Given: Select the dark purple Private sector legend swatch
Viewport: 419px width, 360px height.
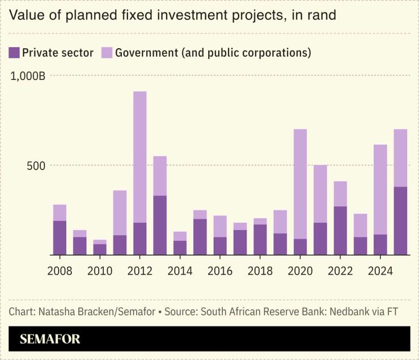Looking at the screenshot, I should [14, 53].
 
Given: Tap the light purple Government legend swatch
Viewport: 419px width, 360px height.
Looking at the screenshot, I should [107, 53].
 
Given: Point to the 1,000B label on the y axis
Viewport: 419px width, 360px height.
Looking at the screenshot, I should [28, 75].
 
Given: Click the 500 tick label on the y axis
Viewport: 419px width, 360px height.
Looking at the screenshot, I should [35, 166].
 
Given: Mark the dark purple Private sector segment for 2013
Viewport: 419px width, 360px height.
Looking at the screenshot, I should [160, 225].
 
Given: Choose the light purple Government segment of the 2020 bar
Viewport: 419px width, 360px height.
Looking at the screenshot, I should [301, 184].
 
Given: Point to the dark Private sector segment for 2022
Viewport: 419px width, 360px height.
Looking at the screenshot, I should [340, 231].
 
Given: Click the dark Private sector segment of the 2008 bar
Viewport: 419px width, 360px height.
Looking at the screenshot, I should [60, 238].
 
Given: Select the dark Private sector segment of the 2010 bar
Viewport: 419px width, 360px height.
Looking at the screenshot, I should [100, 249].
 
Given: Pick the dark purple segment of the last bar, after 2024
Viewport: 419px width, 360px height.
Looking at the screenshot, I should [400, 221].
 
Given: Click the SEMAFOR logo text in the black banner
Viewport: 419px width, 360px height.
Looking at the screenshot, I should [50, 339].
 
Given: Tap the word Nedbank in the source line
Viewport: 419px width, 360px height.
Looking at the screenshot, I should [349, 311].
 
